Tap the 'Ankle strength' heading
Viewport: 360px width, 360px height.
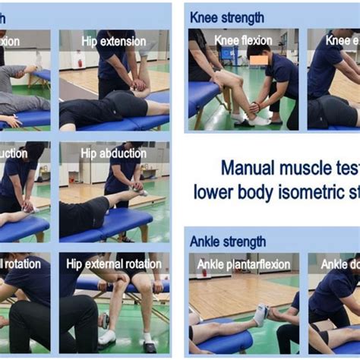228,242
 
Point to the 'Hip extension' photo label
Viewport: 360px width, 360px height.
113,41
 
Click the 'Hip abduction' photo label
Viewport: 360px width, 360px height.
113,153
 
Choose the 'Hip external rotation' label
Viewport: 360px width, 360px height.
114,264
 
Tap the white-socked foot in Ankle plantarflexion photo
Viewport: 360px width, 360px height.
260,313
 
